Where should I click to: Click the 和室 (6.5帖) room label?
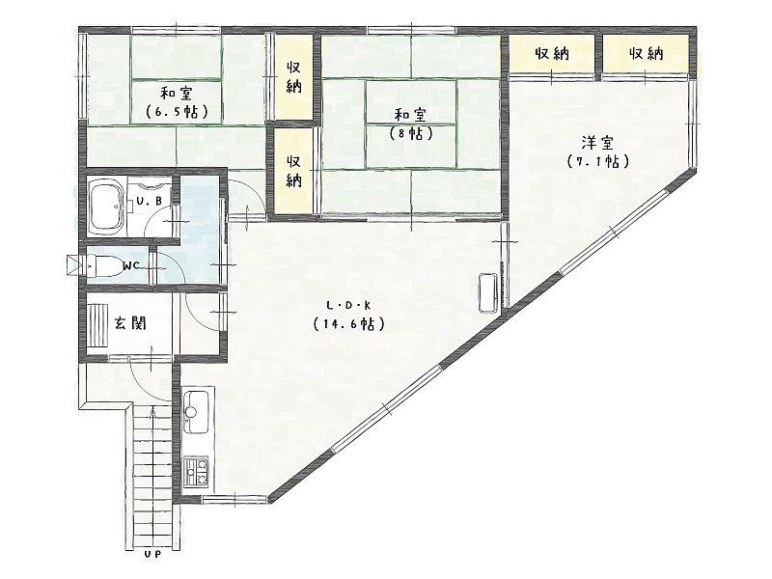pos(177,102)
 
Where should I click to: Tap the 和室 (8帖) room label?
pos(410,124)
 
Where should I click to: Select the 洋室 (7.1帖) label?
pos(597,152)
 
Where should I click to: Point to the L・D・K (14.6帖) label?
pos(348,316)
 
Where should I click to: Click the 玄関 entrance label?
pos(130,323)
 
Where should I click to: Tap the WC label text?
pos(131,266)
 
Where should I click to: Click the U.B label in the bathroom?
pos(150,201)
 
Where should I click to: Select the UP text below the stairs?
pos(153,555)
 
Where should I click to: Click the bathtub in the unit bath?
pos(106,207)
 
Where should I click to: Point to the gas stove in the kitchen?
pos(196,471)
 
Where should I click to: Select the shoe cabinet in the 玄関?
pos(97,326)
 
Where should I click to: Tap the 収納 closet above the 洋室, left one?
pos(551,53)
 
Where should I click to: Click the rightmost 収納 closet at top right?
pos(646,53)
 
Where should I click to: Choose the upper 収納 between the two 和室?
pos(293,77)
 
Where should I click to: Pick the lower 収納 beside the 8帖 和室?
pos(293,171)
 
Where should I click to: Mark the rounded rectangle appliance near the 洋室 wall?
pos(489,292)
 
